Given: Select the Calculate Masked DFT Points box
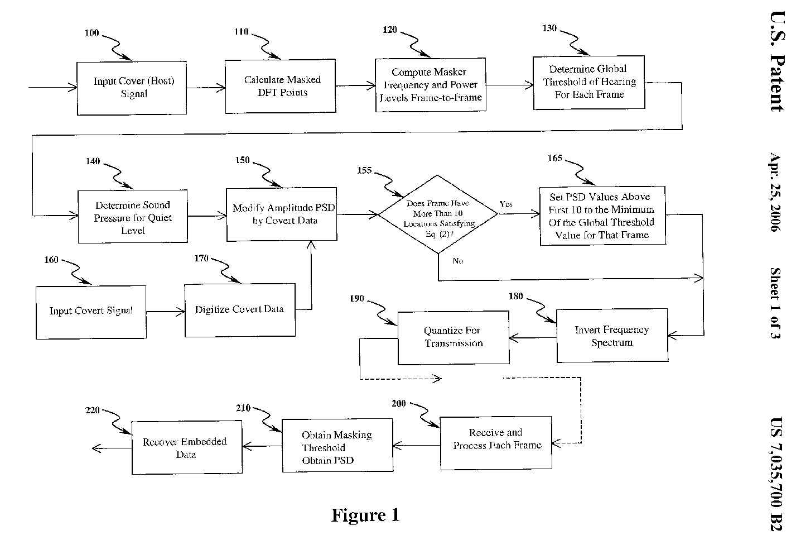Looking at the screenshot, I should pos(281,86).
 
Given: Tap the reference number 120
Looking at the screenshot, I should pos(390,30).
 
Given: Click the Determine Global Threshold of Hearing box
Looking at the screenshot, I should pos(588,82).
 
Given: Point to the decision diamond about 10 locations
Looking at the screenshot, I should pos(438,214).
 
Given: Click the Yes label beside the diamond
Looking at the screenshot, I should pos(506,204).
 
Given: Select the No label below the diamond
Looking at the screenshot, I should pos(458,261).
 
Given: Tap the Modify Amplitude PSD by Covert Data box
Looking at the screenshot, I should pos(282,214).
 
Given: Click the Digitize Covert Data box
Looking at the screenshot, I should pos(240,310).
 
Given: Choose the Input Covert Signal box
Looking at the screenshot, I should pos(91,312).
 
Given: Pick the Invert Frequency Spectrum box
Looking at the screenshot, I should pos(612,336).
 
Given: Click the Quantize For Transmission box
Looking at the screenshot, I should pos(453,337).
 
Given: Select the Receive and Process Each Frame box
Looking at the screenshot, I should pos(496,440).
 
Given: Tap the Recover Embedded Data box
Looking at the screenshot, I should pos(186,448).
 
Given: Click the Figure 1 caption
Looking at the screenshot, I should pos(365,515).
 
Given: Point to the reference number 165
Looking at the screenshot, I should pos(554,158).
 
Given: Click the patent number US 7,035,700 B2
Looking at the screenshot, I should pos(776,474).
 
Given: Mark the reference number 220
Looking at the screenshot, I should pos(93,410).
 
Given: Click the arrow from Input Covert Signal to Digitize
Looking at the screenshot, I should pos(166,312).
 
